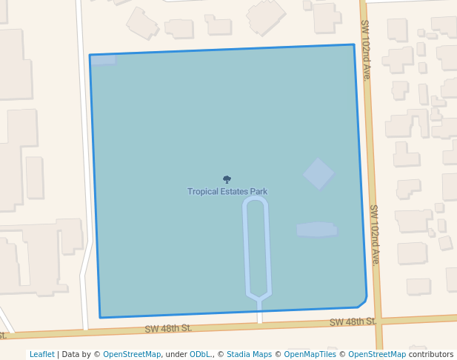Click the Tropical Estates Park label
[227, 192]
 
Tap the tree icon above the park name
[227, 179]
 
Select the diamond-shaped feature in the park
[318, 173]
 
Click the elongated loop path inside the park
[256, 248]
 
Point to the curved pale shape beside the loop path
[317, 230]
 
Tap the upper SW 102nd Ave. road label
[366, 50]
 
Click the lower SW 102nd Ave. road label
[375, 235]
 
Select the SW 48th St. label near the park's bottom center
[168, 328]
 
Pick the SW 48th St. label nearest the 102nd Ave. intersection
[353, 321]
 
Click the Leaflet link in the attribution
[41, 354]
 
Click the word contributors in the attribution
[431, 354]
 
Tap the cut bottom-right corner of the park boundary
[363, 302]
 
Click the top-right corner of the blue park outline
[354, 45]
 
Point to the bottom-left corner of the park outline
[100, 317]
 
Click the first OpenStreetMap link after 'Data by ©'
[132, 354]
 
